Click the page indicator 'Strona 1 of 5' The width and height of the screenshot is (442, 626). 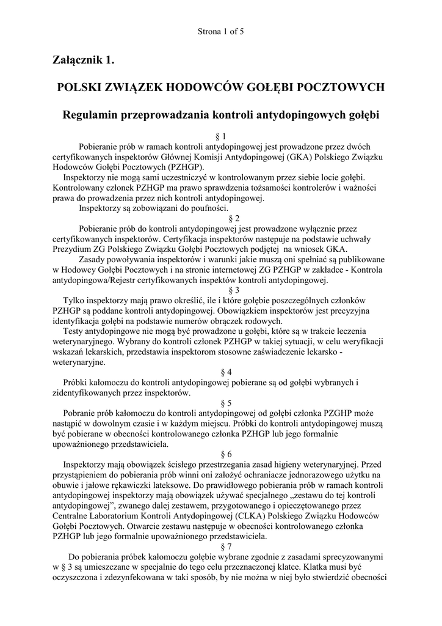pyautogui.click(x=221, y=31)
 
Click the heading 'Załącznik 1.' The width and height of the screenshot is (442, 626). pyautogui.click(x=84, y=60)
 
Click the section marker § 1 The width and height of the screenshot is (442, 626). pyautogui.click(x=221, y=136)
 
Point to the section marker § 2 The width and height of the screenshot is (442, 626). pyautogui.click(x=221, y=218)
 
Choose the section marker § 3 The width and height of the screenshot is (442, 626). pyautogui.click(x=221, y=290)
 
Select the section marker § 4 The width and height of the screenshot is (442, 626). pyautogui.click(x=221, y=372)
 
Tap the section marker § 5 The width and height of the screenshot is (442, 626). pyautogui.click(x=221, y=403)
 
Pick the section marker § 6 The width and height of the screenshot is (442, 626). pyautogui.click(x=221, y=454)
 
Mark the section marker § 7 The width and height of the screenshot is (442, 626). pyautogui.click(x=221, y=547)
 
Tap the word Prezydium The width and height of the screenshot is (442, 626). pyautogui.click(x=73, y=249)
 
